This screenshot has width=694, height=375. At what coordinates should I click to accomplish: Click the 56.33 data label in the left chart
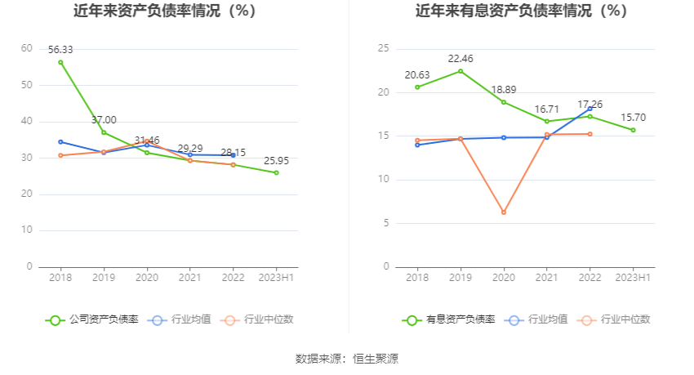60,50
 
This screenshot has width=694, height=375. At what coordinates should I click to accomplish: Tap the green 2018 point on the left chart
60,62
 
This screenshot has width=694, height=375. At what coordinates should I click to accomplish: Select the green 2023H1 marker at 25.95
276,172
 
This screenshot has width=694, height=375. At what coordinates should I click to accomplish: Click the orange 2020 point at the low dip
504,212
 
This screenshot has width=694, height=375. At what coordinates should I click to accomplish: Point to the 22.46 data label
460,59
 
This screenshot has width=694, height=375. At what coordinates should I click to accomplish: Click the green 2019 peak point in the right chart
460,71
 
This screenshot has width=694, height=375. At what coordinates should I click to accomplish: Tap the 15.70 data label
633,118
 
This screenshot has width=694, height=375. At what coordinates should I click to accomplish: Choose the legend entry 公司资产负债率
91,319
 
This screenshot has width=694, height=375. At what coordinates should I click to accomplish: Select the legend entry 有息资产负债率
449,319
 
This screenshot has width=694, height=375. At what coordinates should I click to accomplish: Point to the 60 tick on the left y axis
26,49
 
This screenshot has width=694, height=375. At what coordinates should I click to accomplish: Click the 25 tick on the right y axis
383,49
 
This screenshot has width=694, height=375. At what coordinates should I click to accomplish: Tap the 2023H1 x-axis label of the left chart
276,279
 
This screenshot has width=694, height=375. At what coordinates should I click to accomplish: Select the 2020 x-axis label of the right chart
504,279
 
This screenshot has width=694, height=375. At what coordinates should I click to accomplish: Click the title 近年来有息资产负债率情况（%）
521,11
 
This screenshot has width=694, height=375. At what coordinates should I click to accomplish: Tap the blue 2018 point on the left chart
60,141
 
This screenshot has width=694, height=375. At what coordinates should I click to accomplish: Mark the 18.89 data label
504,90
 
